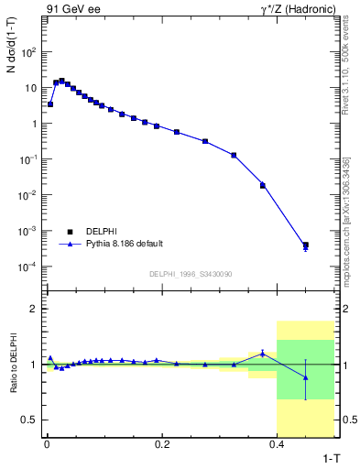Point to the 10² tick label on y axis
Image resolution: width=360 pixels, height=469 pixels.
tap(29, 52)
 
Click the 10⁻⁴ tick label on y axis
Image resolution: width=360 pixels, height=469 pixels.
tap(29, 267)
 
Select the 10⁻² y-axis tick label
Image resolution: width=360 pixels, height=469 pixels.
tap(29, 195)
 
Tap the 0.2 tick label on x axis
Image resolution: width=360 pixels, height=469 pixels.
tap(162, 444)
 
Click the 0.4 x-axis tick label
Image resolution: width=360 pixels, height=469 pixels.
tap(278, 444)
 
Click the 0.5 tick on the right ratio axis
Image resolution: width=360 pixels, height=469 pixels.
tap(346, 420)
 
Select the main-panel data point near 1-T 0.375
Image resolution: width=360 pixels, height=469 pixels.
tap(263, 185)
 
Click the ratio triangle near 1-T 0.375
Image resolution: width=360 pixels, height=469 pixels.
tap(263, 353)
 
